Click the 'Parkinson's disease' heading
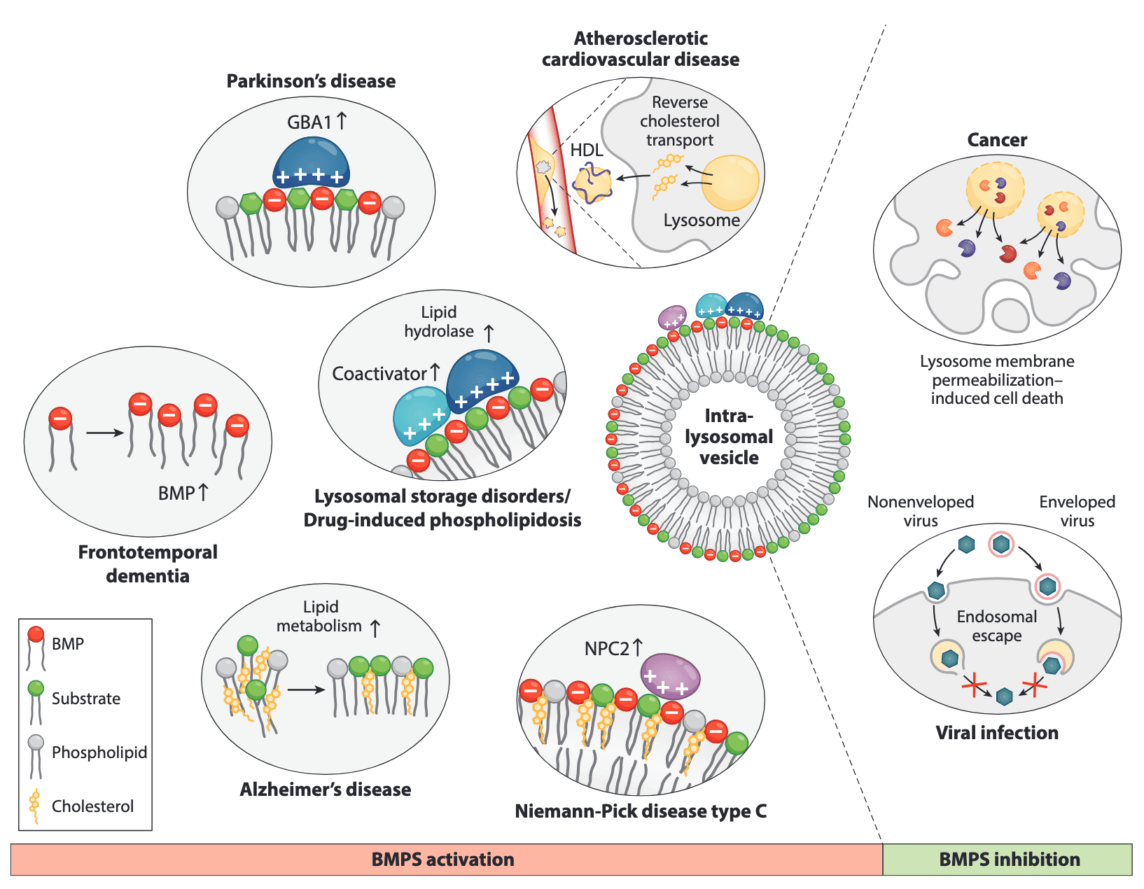tap(311, 81)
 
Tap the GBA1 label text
tap(309, 122)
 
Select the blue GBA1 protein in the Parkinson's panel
tap(311, 162)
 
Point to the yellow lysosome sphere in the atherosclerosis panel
tap(730, 183)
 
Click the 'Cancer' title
tap(997, 140)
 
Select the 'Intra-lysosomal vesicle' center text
tap(729, 437)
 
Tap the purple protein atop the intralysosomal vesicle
tap(673, 317)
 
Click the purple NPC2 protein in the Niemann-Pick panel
tap(670, 676)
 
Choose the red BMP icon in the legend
tap(36, 635)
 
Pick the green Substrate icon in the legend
tap(36, 689)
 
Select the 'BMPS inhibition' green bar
tap(1008, 860)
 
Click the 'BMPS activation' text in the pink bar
tap(442, 860)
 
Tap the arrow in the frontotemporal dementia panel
tap(104, 433)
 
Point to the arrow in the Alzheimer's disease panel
tap(306, 689)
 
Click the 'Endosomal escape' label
tap(997, 626)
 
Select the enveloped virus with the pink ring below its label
tap(1001, 544)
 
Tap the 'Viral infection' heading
tap(997, 733)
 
